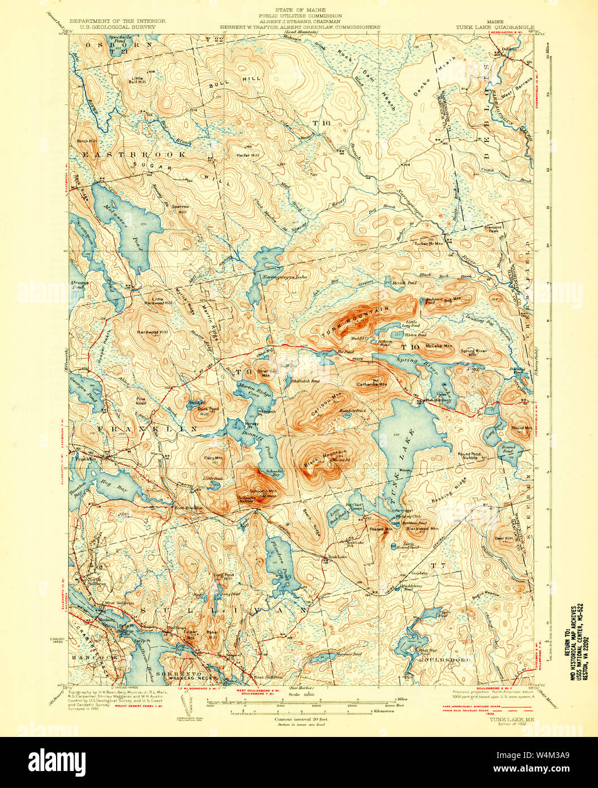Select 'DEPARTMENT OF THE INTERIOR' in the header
[117, 21]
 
